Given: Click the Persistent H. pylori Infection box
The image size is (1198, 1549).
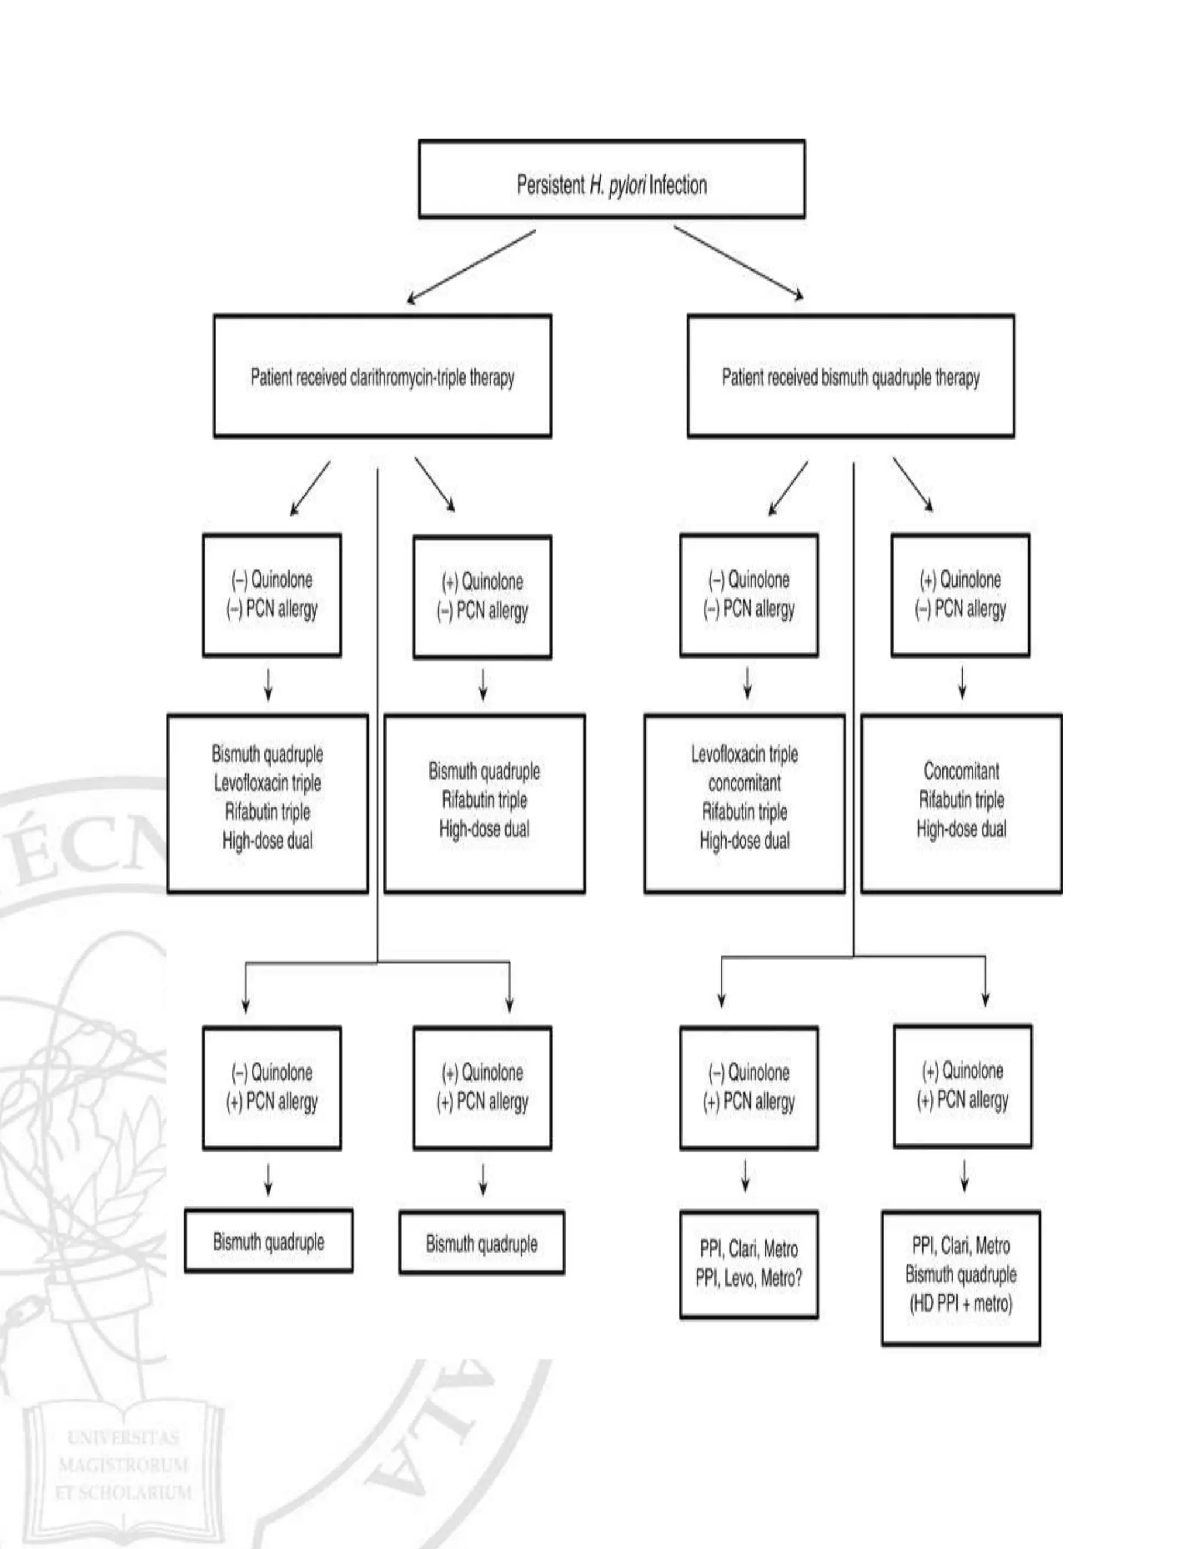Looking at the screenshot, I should tap(611, 178).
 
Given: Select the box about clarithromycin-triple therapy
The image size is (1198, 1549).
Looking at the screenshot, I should tap(382, 376).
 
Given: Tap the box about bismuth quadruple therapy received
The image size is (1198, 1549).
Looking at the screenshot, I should tap(850, 376).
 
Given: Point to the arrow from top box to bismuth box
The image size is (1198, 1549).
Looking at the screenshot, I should tap(739, 263).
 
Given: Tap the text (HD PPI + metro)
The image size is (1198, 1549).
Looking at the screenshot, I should tap(961, 1303).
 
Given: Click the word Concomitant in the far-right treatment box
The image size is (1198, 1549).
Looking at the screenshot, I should tap(961, 770).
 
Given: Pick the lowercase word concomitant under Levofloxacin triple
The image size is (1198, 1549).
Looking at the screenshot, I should tap(745, 783).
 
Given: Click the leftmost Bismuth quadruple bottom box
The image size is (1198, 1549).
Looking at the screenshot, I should tap(268, 1241).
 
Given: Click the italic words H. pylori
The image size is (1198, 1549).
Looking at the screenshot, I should tap(617, 185).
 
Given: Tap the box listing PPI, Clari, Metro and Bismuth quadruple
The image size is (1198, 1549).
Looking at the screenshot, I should tap(961, 1277).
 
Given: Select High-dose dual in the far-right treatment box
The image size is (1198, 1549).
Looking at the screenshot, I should tap(961, 828).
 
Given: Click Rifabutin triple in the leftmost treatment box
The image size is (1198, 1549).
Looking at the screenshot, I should tap(267, 811).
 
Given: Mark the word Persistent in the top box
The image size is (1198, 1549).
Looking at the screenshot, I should tap(550, 185).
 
